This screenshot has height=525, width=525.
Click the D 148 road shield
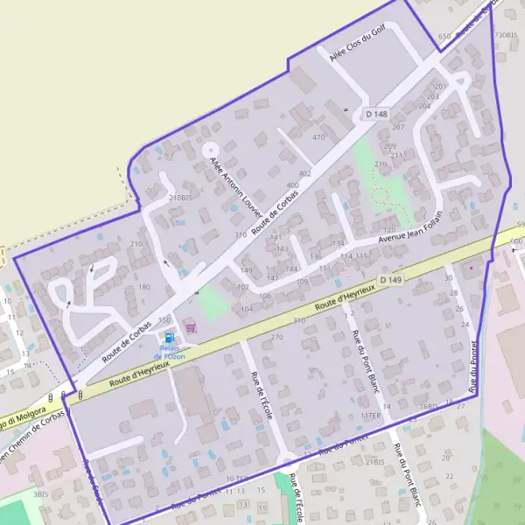376,114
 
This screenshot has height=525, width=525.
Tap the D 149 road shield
391,280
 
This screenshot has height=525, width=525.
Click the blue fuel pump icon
169,338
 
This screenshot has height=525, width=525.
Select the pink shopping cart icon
192,327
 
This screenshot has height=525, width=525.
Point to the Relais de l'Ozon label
169,352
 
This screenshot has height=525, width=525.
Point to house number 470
318,137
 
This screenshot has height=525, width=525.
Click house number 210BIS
179,198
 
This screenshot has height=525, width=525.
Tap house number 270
277,337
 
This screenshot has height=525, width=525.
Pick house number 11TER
372,415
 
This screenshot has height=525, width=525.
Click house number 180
144,286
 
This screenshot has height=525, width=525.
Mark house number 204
424,106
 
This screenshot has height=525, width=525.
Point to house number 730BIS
504,35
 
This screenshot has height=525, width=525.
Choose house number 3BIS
40,494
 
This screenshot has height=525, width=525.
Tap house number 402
304,174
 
